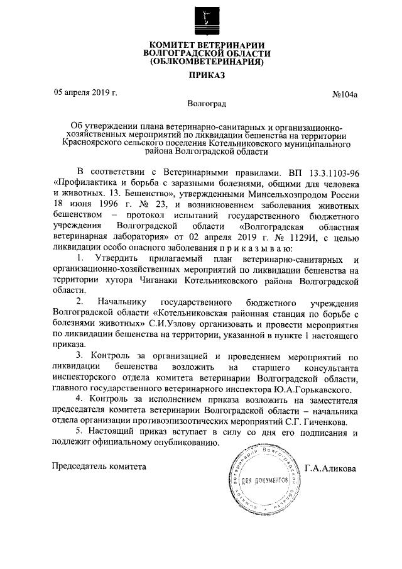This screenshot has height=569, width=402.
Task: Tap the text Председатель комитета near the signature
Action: pos(99,467)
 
